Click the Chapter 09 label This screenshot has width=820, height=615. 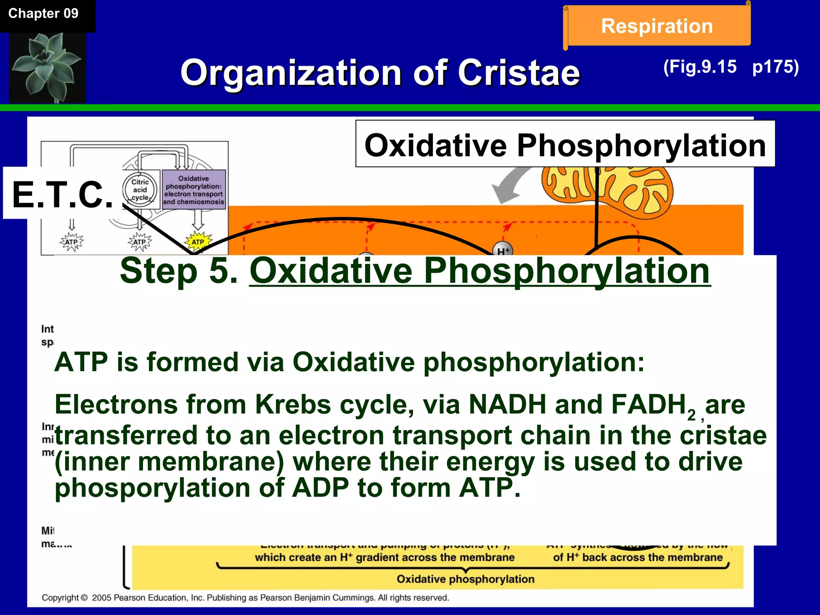pyautogui.click(x=43, y=14)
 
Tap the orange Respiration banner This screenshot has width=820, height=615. pyautogui.click(x=657, y=26)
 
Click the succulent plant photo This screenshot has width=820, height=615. pyautogui.click(x=47, y=67)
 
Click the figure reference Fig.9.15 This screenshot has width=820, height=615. pyautogui.click(x=700, y=67)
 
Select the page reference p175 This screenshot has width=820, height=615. pyautogui.click(x=775, y=67)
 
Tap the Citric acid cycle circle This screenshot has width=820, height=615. pyautogui.click(x=140, y=189)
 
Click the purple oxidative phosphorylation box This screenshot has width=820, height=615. pyautogui.click(x=194, y=190)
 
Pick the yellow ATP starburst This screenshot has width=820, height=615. pyautogui.click(x=198, y=242)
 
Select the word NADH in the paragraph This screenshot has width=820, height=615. pyautogui.click(x=507, y=404)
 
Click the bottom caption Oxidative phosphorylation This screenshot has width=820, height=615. pyautogui.click(x=465, y=579)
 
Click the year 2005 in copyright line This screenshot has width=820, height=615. pyautogui.click(x=102, y=598)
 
